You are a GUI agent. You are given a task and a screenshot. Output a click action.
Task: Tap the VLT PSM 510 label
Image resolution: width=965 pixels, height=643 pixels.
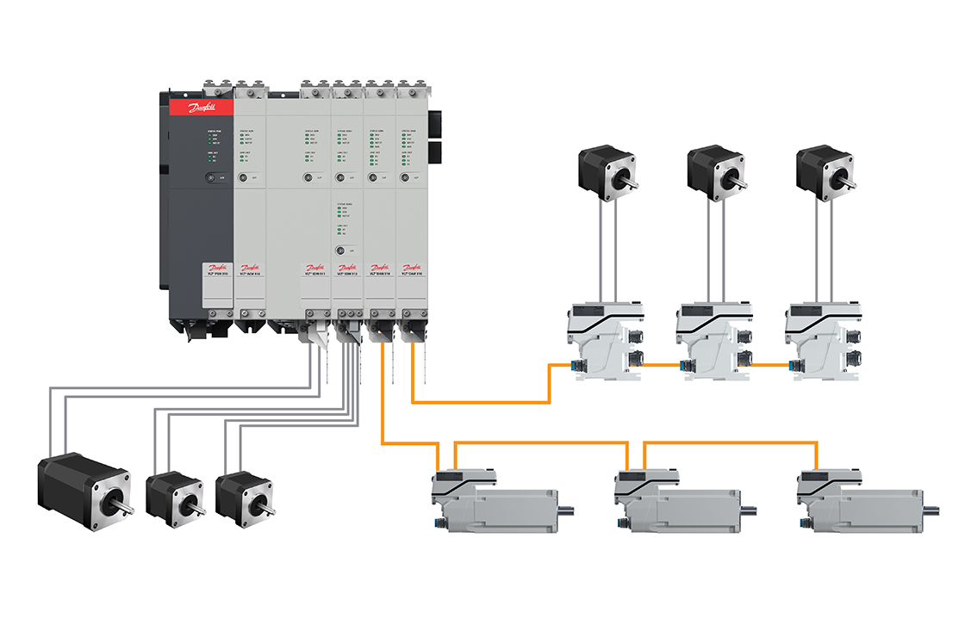(x=216, y=275)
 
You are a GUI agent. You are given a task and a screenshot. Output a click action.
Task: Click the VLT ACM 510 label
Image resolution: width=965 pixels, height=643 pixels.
(x=250, y=275)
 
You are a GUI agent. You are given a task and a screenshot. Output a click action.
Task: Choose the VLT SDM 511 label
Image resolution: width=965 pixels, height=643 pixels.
(x=314, y=275)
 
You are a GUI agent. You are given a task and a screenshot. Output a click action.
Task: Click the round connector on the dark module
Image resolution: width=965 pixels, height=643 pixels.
(x=210, y=178)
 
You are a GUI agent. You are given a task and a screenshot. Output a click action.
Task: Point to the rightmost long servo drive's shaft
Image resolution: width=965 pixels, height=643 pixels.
(x=934, y=508)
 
